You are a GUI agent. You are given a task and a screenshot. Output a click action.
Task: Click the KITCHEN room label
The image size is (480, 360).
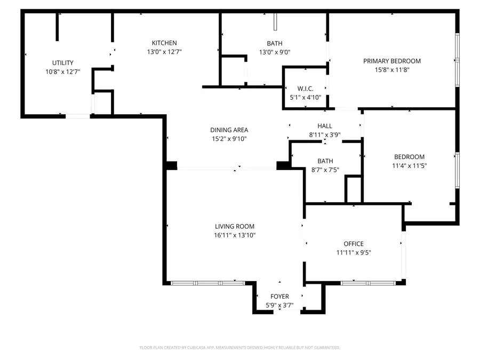coord(164,43)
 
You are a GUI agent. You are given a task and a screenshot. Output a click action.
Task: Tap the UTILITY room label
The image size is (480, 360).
coord(63,63)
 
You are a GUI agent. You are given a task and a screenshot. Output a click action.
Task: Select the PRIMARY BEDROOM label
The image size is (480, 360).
coord(392,61)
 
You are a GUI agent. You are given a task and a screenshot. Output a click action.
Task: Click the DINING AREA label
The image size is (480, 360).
coord(229,130)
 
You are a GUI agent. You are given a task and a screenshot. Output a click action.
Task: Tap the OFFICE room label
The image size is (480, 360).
coord(354,244)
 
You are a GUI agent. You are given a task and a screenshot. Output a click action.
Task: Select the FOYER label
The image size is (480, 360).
coord(279,297)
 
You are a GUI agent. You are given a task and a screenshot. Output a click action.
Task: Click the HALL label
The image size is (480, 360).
coord(325,126)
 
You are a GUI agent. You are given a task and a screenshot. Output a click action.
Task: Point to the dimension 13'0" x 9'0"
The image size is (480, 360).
coord(275,52)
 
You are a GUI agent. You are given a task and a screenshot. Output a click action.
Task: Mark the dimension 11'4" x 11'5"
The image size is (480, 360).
coord(409,165)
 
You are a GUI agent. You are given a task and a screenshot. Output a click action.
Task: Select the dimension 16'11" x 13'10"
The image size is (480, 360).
coord(235,235)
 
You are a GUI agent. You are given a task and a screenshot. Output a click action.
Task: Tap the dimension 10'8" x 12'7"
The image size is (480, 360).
coord(63,72)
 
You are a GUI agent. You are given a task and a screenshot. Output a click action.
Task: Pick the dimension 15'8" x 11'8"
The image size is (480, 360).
coord(392,69)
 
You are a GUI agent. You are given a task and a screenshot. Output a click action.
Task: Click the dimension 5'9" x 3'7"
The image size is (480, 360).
coord(279,306)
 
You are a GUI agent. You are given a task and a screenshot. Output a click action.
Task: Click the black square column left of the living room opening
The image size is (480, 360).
coord(171,166)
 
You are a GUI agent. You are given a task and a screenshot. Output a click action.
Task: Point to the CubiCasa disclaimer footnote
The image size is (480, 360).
coord(240,348)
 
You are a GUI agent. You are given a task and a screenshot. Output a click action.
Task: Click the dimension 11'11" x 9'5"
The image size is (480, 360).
coord(354,253)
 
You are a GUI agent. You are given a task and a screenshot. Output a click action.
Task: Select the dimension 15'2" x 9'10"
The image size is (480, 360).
coord(229,139)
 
